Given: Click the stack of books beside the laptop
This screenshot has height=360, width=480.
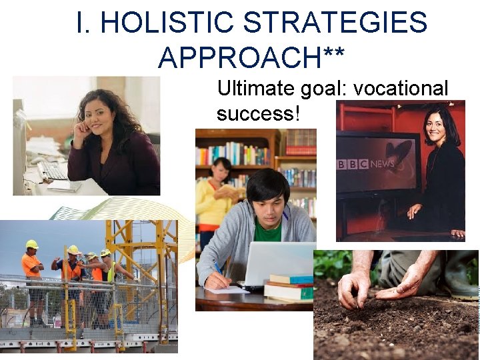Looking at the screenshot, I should click(x=289, y=288).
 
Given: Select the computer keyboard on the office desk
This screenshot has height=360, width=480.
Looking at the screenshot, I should click(x=53, y=171).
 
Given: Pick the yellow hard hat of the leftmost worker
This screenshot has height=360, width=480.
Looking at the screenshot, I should click(x=31, y=244).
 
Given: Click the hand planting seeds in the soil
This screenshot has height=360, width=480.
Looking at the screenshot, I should click(x=354, y=287).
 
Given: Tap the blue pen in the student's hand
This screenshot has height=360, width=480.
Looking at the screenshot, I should click(x=219, y=270).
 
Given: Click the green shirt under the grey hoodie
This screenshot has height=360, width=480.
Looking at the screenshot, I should click(x=268, y=231).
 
